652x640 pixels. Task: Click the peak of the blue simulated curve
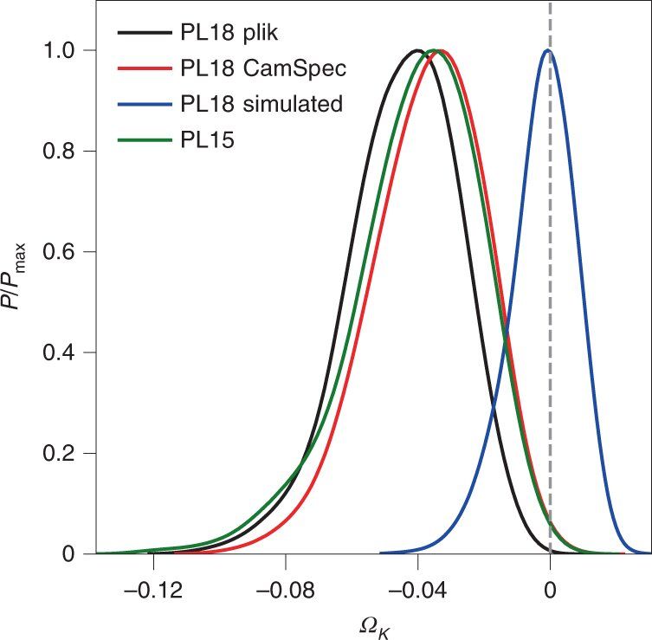pos(548,50)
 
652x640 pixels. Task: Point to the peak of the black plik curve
pos(417,50)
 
